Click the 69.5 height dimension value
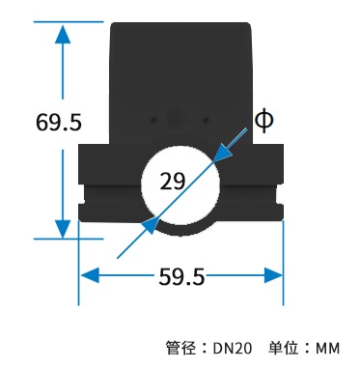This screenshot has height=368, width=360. (59, 123)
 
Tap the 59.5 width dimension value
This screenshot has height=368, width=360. (181, 276)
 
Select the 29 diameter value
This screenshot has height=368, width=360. (173, 181)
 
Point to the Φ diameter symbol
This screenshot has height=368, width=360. (264, 120)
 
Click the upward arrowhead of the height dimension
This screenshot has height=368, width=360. (63, 35)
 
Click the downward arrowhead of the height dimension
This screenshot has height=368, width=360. (63, 229)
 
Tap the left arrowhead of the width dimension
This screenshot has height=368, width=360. (90, 275)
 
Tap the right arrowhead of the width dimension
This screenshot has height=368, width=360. (273, 275)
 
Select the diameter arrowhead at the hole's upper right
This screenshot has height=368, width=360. (222, 153)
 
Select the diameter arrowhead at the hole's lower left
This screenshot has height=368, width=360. (151, 224)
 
